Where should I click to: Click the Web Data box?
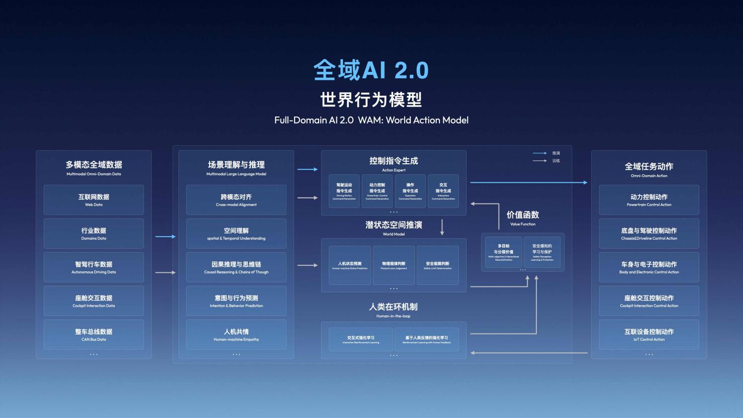point(94,200)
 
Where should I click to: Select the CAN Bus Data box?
point(94,335)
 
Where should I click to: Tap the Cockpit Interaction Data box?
point(94,301)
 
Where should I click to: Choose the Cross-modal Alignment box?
point(236,200)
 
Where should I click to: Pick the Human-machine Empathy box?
point(236,335)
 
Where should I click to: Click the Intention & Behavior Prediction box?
point(236,301)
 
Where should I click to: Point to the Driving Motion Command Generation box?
point(344,191)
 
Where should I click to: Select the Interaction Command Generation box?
point(443,191)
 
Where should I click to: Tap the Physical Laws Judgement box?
point(394,265)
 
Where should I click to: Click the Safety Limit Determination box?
point(437,265)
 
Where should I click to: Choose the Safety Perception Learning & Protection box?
point(542,252)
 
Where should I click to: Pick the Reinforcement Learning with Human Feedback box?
point(427,339)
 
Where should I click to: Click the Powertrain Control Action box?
point(649,200)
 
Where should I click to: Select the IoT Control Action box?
point(649,335)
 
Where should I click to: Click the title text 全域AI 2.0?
point(371,70)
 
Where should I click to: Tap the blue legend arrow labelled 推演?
point(540,153)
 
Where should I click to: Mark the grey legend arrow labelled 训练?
point(540,161)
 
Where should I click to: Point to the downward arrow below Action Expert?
point(442,227)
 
